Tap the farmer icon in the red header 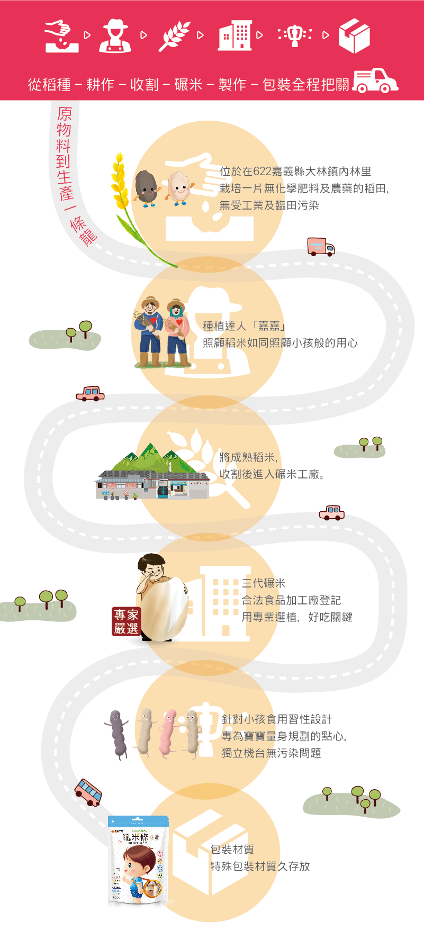[x=115, y=35]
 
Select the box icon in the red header [x=354, y=35]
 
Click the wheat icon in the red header [x=174, y=35]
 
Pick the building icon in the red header [x=234, y=35]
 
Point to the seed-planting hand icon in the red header [x=61, y=36]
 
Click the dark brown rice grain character [x=146, y=187]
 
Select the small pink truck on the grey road [x=321, y=247]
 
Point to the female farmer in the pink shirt [x=177, y=333]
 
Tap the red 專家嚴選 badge [x=126, y=621]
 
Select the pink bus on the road [x=88, y=792]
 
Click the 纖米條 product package [x=138, y=862]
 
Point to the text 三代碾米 [x=263, y=583]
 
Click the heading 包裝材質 [x=232, y=849]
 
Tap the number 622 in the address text [x=262, y=171]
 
